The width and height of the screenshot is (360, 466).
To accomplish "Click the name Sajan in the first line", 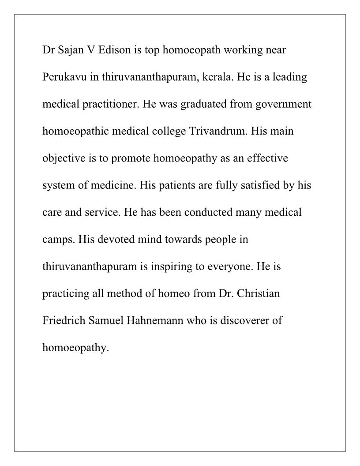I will tap(71, 50).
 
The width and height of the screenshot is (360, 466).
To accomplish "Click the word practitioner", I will tap(106, 105).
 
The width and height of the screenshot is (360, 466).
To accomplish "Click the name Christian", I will tap(259, 293).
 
